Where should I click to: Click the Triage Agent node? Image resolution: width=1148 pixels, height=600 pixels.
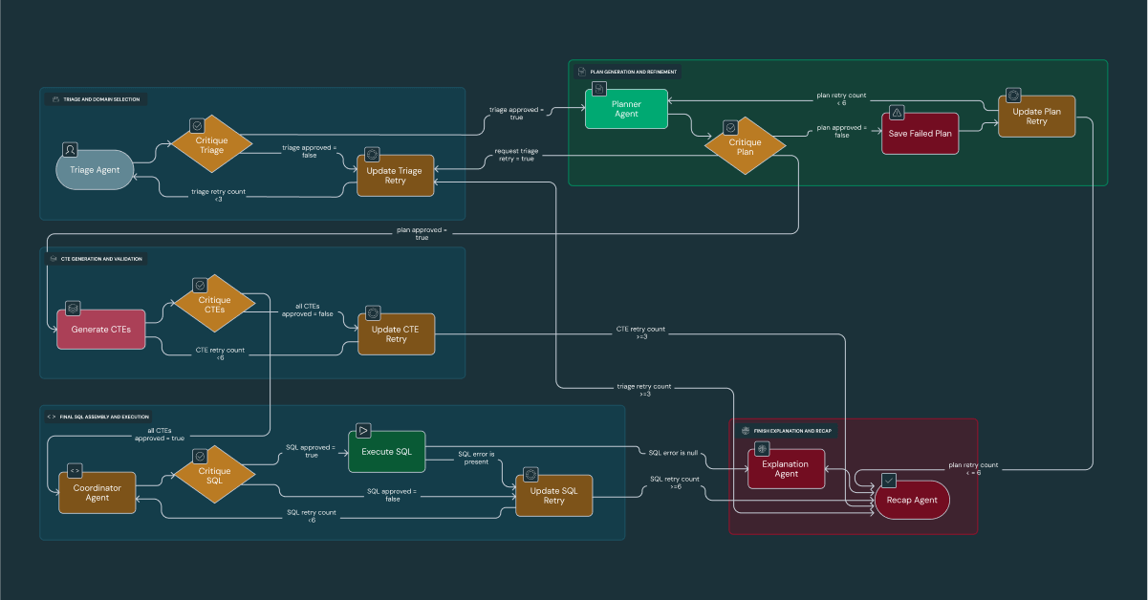pos(96,169)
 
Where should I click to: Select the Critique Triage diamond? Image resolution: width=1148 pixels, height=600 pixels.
pos(211,145)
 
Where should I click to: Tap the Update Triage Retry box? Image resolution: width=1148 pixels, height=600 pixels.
pos(396,176)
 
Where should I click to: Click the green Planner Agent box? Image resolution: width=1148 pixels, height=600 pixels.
pos(626,108)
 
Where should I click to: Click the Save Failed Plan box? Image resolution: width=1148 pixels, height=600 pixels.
pos(921,133)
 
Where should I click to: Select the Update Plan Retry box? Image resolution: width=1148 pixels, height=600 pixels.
pos(1036,117)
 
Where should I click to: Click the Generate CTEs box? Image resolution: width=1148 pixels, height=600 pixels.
pos(100,329)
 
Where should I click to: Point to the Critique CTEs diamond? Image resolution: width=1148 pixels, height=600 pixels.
pos(214,305)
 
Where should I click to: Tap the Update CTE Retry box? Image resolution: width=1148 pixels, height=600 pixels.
pos(396,333)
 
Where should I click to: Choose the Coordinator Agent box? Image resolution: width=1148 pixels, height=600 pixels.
pos(97,491)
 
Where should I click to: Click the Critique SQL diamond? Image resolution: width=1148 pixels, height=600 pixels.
pos(214,476)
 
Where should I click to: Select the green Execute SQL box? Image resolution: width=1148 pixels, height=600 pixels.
pos(386,451)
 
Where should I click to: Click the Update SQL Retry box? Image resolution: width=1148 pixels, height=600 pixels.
pos(553,495)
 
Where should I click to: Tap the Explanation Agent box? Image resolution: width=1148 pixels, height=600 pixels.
pos(786,469)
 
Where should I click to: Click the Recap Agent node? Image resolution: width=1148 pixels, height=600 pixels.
pos(912,500)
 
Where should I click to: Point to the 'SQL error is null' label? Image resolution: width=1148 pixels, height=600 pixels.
pos(675,452)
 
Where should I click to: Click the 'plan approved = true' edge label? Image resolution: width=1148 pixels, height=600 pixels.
pos(422,234)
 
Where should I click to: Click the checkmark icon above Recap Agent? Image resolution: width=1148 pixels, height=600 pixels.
pos(888,480)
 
